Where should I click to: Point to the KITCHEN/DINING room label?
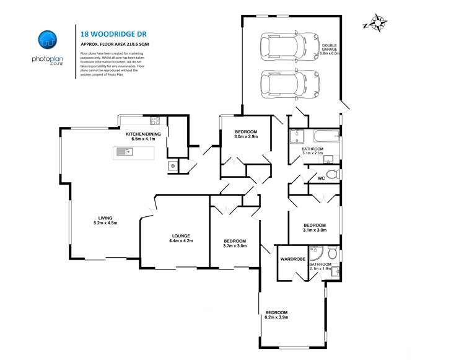coord(141,134)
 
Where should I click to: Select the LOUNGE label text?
coord(182,235)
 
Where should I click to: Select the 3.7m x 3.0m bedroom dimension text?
coord(235,245)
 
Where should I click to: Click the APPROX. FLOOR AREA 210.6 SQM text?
coord(115,45)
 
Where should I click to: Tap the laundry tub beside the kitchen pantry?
coord(173,165)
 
